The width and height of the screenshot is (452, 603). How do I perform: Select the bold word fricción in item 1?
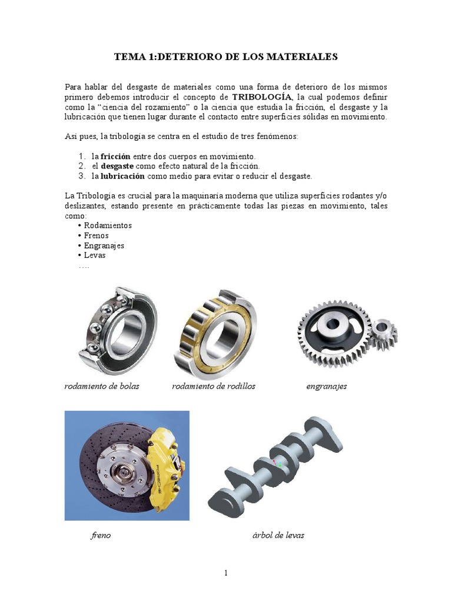(x=115, y=157)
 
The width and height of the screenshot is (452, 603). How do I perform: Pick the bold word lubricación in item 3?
(x=123, y=176)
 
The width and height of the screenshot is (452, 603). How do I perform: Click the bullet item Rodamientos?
(x=108, y=226)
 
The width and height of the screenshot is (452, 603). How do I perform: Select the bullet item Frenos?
(x=96, y=236)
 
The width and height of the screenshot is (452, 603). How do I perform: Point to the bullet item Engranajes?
(x=104, y=246)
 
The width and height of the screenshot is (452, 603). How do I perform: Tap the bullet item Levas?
(x=95, y=256)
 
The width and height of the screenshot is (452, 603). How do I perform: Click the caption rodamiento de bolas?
(x=102, y=386)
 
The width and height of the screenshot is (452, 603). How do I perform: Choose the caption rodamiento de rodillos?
(x=214, y=386)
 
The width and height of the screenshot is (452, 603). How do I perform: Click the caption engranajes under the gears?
(x=327, y=386)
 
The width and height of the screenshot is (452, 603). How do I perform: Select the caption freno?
(x=101, y=536)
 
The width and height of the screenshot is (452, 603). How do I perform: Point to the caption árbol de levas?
(x=278, y=536)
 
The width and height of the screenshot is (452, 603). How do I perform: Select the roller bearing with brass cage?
(x=215, y=333)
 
